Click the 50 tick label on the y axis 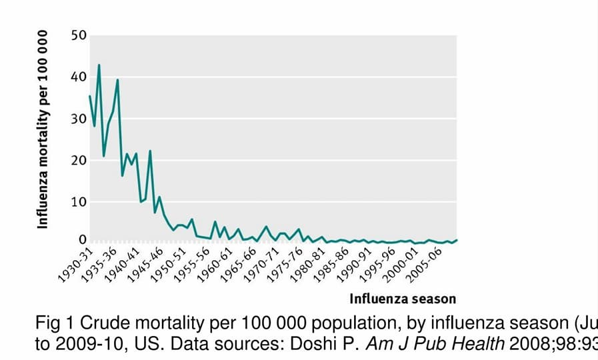point(79,35)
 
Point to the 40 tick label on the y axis point(79,77)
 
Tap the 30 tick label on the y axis point(79,119)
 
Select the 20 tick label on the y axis point(79,160)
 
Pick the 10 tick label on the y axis point(79,202)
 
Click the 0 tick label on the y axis point(83,239)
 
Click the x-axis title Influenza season point(403,298)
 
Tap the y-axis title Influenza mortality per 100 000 point(43,129)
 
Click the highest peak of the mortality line point(99,65)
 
